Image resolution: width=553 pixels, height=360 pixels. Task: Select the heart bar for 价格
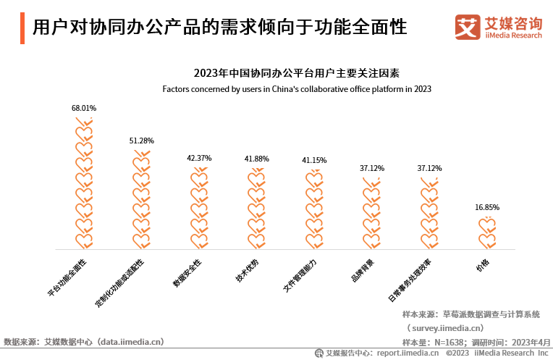(x=487, y=232)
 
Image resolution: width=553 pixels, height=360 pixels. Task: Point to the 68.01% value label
(x=84, y=108)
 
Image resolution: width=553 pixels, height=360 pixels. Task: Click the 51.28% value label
(x=141, y=141)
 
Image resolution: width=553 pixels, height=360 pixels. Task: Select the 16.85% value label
(x=487, y=207)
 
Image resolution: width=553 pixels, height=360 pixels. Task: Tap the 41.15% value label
(x=314, y=160)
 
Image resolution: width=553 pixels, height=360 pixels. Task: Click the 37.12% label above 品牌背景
(x=372, y=168)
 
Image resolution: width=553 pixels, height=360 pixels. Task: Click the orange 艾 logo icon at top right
(x=468, y=28)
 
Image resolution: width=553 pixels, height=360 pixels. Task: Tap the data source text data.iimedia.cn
(x=131, y=341)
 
